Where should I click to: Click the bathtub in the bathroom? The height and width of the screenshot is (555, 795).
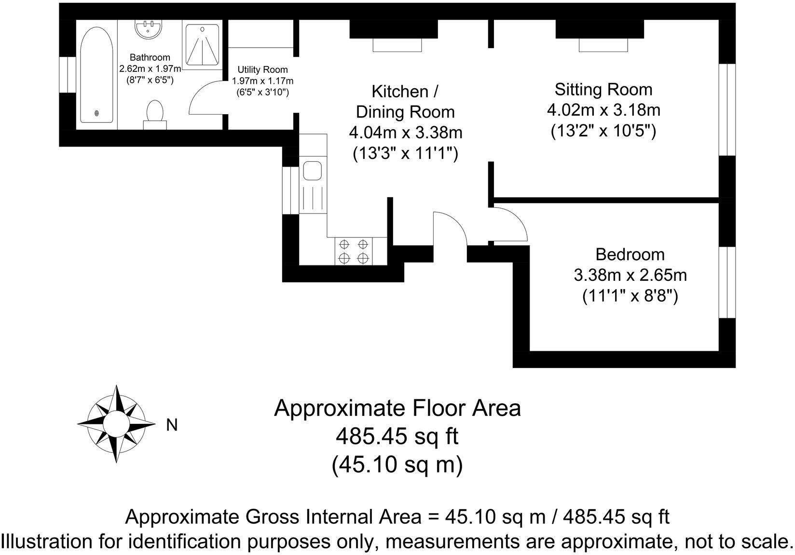click(97, 75)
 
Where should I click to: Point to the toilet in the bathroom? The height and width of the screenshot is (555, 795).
click(155, 113)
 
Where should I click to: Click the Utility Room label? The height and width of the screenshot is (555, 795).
click(262, 70)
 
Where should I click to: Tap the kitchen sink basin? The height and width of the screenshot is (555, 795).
click(312, 171)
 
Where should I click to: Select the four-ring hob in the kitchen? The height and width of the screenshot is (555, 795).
click(354, 251)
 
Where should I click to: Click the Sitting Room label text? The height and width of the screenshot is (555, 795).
click(603, 90)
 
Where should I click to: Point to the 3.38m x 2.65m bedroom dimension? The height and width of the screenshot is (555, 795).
click(630, 276)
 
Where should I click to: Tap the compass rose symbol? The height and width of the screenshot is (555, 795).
click(117, 424)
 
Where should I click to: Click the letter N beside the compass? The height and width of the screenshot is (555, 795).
click(172, 425)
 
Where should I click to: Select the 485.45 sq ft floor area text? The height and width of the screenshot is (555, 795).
click(397, 437)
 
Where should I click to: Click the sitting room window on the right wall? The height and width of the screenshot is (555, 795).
click(727, 109)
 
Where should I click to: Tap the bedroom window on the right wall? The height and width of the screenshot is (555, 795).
click(727, 283)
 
